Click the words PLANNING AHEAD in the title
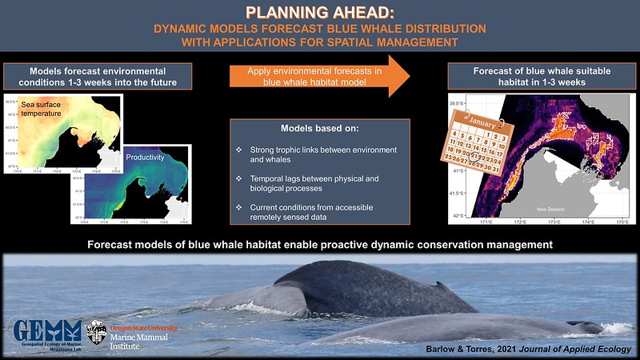click(319, 13)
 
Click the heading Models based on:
click(320, 129)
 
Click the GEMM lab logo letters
click(46, 330)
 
